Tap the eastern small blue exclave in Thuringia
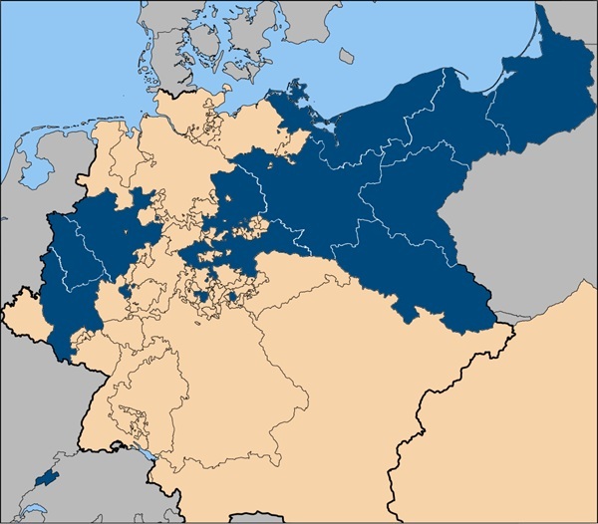[x=233, y=296]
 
